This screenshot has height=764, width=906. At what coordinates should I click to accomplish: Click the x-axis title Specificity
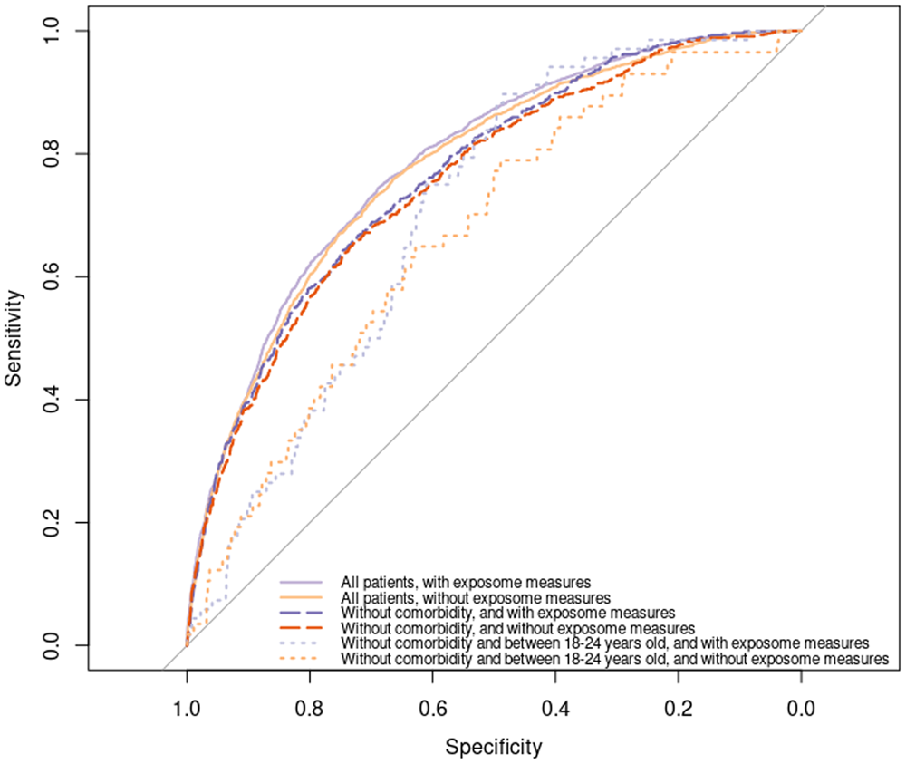493,748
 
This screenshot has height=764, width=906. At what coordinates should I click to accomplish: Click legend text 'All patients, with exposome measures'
467,582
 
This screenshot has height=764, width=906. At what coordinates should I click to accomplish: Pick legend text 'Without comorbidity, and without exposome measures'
517,627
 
